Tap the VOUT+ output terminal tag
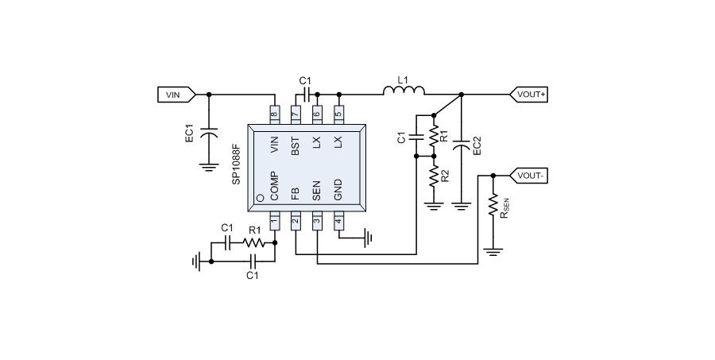[531, 94]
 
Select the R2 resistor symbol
[434, 176]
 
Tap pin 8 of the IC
[275, 114]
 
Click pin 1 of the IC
[275, 220]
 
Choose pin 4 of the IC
[338, 220]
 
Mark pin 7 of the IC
[296, 114]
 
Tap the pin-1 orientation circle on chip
[260, 198]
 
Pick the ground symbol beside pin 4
[368, 236]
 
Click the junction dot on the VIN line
[209, 94]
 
